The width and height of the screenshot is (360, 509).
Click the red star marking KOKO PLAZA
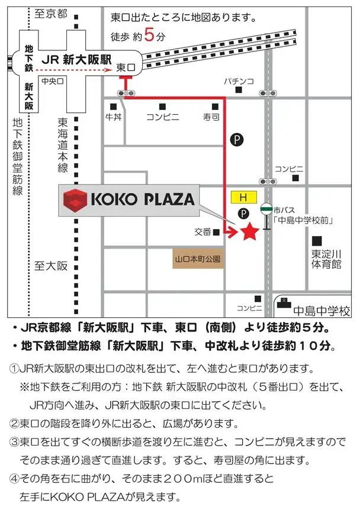tap(249, 232)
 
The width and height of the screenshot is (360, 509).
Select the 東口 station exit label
tap(126, 68)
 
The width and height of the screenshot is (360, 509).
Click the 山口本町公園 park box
tap(197, 259)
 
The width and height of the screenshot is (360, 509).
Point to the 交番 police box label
tap(202, 232)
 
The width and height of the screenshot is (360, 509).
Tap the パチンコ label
tap(239, 80)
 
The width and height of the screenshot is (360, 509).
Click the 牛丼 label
tap(112, 117)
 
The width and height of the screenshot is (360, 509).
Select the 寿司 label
tap(211, 117)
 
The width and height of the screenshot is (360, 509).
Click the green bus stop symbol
tap(266, 208)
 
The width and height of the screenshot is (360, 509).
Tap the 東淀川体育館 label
tap(327, 259)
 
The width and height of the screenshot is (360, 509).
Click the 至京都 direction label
tap(51, 13)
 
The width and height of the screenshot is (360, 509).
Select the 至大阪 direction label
tap(51, 266)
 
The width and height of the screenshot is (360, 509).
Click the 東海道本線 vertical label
tap(63, 145)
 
